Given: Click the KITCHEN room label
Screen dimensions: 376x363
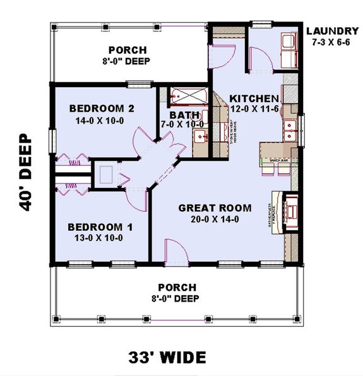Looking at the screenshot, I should tap(253, 99).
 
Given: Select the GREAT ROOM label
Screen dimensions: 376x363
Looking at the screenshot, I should tap(215, 208).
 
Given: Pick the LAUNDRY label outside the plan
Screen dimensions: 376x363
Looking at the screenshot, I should tap(332, 31).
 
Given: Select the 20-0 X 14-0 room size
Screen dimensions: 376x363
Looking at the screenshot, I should tap(215, 220).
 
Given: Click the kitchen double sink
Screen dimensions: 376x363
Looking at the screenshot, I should tap(290, 129).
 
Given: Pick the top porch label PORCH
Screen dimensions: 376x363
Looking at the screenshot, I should tap(128, 50).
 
